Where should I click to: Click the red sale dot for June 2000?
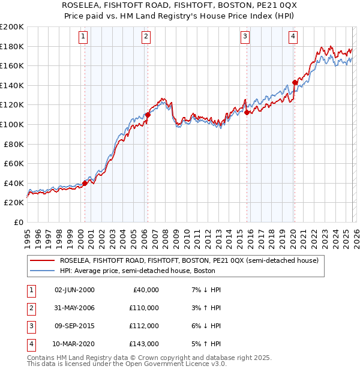coord(85,183)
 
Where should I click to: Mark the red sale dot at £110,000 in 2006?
coord(148,115)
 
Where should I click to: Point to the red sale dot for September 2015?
coord(247,112)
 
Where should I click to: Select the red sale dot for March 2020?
coord(294,82)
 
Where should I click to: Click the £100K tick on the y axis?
coord(12,124)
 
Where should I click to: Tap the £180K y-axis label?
coord(12,46)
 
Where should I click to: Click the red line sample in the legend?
coord(43,260)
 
